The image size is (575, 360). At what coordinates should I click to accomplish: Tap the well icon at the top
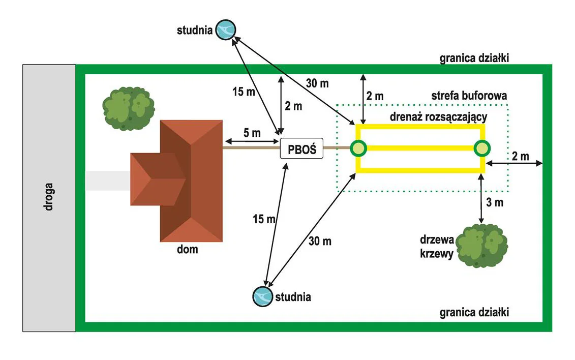pyautogui.click(x=225, y=29)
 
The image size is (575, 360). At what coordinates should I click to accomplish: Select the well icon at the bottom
pyautogui.click(x=262, y=296)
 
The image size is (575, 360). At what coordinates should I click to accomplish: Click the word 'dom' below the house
pyautogui.click(x=188, y=250)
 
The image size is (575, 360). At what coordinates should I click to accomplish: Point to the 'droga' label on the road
pyautogui.click(x=49, y=198)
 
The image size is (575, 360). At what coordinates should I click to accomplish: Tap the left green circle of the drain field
pyautogui.click(x=358, y=148)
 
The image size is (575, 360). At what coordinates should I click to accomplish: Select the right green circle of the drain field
pyautogui.click(x=482, y=148)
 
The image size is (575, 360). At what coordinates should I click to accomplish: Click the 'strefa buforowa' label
pyautogui.click(x=469, y=95)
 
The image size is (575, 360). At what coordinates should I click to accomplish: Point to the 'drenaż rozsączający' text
pyautogui.click(x=438, y=116)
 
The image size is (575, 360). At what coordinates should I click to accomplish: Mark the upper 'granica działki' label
pyautogui.click(x=474, y=57)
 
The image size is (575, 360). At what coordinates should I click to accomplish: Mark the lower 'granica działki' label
pyautogui.click(x=474, y=312)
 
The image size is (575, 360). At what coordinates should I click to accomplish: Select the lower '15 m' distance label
pyautogui.click(x=264, y=219)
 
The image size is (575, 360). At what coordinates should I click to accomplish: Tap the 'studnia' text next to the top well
pyautogui.click(x=194, y=30)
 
